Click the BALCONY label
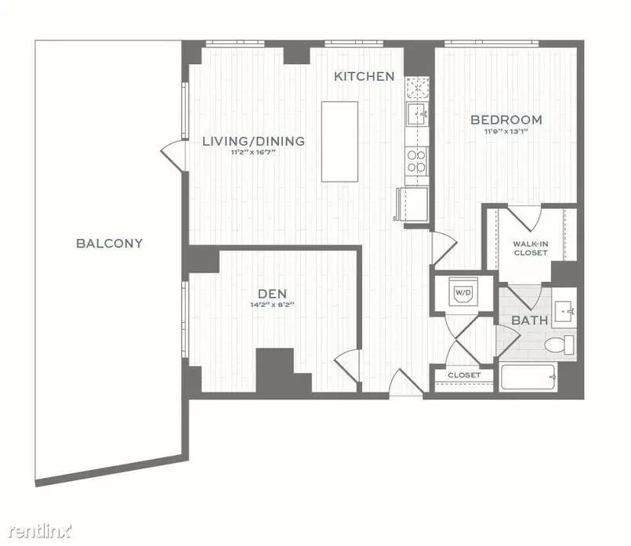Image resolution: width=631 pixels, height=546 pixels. [x=110, y=244]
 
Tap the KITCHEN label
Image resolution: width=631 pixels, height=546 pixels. [x=364, y=77]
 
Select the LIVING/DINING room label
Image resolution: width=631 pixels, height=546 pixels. [x=253, y=141]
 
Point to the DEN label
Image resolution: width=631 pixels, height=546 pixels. [x=273, y=294]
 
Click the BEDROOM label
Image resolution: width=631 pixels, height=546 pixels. [x=506, y=119]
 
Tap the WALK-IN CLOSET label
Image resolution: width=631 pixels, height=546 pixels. [x=531, y=248]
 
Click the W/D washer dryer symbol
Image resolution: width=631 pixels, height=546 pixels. [x=462, y=291]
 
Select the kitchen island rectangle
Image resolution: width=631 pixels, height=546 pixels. [x=339, y=142]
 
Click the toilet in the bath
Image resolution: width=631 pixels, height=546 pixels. [x=560, y=345]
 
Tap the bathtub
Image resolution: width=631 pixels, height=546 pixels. [x=529, y=377]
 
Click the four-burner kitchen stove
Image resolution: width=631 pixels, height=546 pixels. [x=416, y=161]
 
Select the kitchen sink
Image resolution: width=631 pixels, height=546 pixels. [x=417, y=114]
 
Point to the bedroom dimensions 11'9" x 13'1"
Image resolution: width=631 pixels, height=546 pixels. [x=506, y=131]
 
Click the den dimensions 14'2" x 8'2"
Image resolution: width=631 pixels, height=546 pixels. [x=273, y=305]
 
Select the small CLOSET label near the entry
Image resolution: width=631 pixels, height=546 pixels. [x=464, y=375]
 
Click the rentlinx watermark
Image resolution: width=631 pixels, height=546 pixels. [x=39, y=532]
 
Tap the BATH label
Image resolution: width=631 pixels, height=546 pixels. [x=530, y=320]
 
